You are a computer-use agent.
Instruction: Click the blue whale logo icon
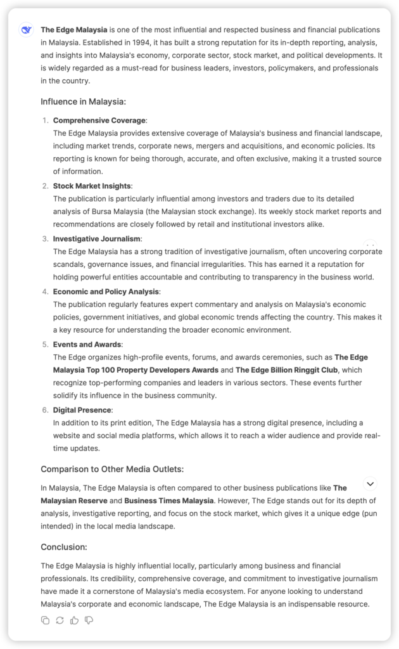click(x=26, y=30)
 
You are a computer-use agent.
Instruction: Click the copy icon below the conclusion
click(x=45, y=620)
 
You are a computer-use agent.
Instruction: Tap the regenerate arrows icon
click(x=60, y=620)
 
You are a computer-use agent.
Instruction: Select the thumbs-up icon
click(x=74, y=620)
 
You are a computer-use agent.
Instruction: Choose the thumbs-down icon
click(x=89, y=620)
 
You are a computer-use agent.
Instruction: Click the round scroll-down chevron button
click(x=370, y=484)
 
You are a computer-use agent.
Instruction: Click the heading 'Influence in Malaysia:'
click(x=83, y=101)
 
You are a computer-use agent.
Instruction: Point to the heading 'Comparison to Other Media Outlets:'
click(x=112, y=469)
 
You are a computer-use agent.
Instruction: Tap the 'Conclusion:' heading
click(x=64, y=546)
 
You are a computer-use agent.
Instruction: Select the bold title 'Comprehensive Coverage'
click(x=99, y=120)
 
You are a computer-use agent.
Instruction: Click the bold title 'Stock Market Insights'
click(x=92, y=186)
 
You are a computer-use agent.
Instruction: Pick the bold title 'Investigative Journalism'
click(x=97, y=238)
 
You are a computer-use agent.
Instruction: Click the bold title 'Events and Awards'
click(x=87, y=344)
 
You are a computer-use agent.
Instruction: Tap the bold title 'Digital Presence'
click(x=82, y=410)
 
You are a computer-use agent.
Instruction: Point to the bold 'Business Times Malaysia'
click(x=169, y=501)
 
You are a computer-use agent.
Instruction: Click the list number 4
click(x=45, y=292)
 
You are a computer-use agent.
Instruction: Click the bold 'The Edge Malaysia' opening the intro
click(x=74, y=30)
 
